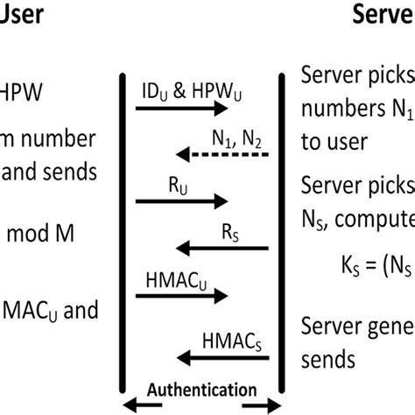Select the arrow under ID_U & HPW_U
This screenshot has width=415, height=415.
click(x=182, y=109)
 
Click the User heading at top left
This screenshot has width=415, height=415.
click(x=22, y=15)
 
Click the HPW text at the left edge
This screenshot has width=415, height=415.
click(x=19, y=91)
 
